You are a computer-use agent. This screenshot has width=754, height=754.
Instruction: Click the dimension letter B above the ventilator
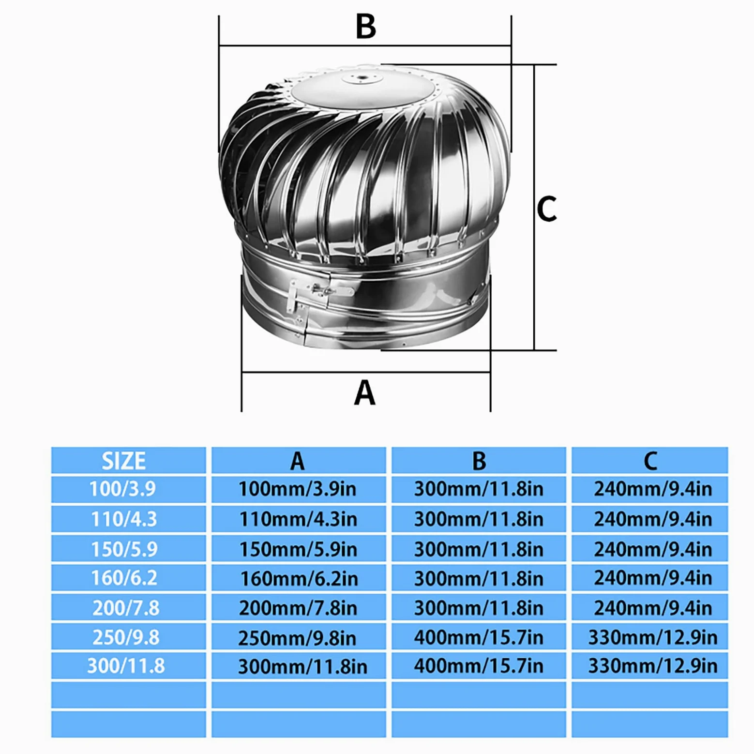point(365,26)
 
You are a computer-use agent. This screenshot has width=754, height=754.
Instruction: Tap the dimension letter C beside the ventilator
point(547,209)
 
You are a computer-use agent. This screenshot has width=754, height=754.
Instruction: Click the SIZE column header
point(123,461)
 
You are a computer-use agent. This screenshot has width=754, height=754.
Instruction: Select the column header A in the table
point(297,461)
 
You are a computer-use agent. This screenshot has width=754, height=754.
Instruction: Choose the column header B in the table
point(479,461)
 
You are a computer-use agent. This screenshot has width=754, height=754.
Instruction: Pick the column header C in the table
point(650,461)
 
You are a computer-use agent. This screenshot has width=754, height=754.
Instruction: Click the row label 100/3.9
point(122,489)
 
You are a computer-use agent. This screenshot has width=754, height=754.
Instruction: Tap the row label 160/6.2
point(124,578)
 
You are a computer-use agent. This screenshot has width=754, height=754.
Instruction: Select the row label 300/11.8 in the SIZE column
point(126,666)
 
